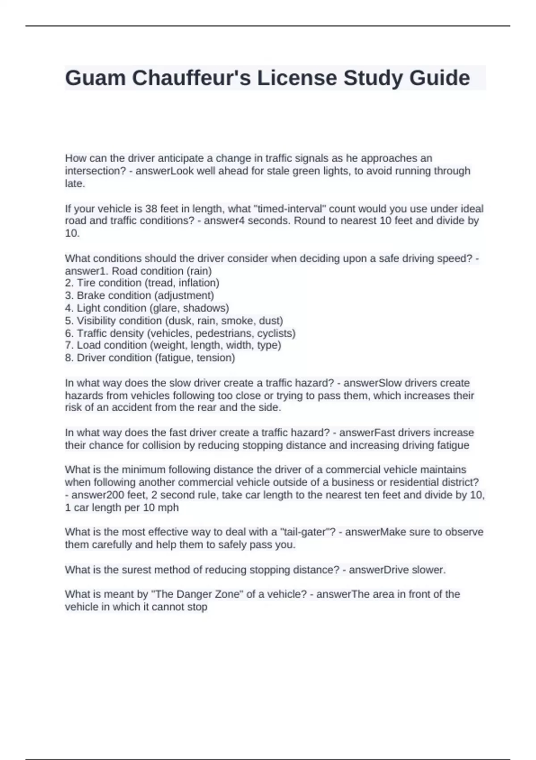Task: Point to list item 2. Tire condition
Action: (x=142, y=283)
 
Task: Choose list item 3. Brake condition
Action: (x=139, y=296)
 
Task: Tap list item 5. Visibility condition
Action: (x=174, y=321)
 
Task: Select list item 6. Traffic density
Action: (x=180, y=333)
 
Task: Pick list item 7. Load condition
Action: (x=173, y=345)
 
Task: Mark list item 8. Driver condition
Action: (x=150, y=358)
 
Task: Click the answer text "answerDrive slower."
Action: (x=397, y=570)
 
